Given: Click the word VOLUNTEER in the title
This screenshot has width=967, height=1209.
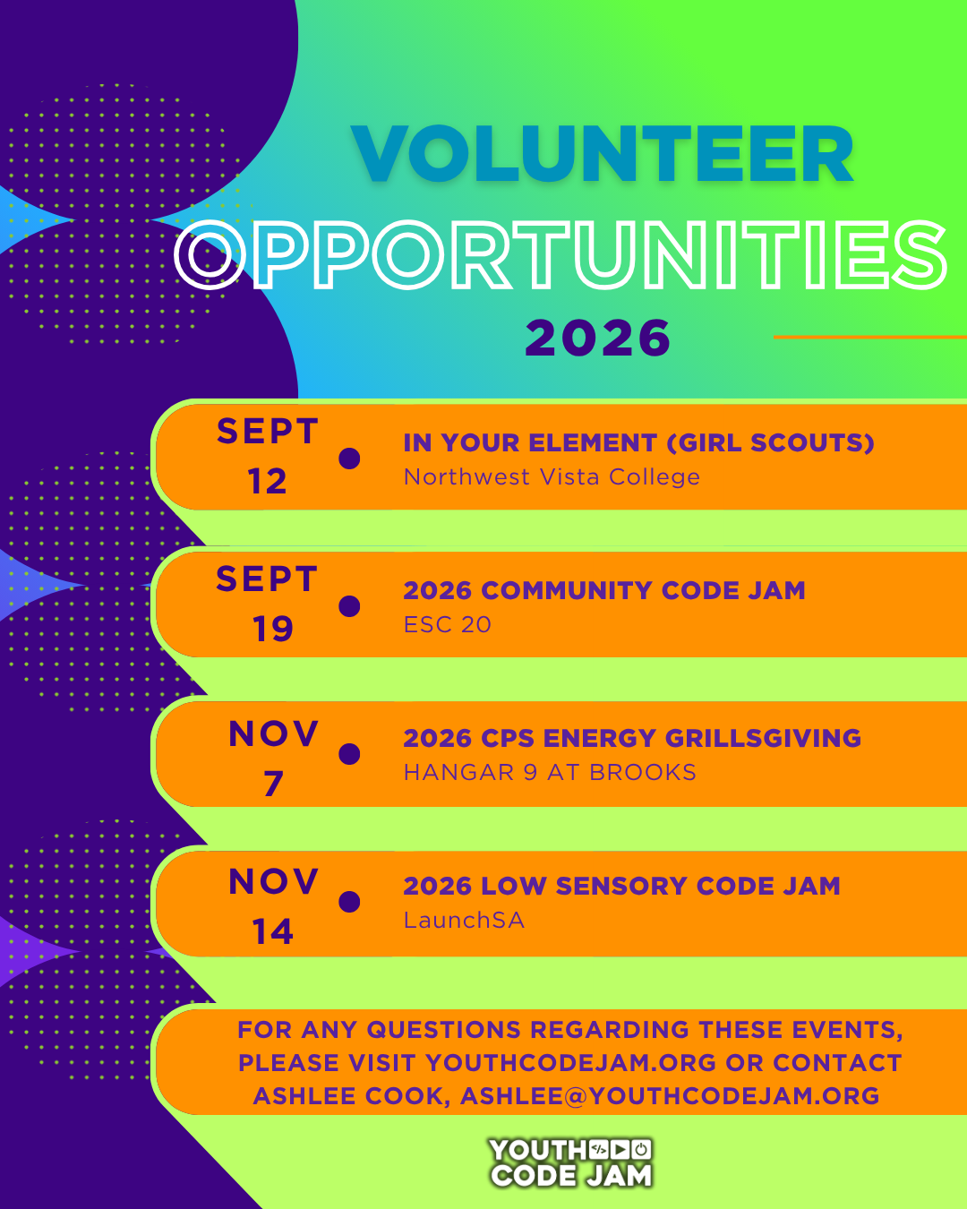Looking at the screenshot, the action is click(x=603, y=154).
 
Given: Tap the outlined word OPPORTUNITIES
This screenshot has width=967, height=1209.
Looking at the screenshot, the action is click(x=561, y=255).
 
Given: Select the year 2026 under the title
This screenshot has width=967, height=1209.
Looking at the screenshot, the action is click(x=597, y=339).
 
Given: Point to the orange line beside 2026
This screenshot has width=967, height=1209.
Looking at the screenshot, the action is click(x=869, y=337).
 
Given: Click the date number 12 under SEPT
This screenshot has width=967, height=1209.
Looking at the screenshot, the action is click(x=267, y=482).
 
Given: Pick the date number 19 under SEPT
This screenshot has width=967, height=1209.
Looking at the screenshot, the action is click(x=272, y=629).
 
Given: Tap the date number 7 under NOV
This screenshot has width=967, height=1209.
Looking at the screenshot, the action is click(x=273, y=784).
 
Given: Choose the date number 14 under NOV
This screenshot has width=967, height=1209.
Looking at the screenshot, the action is click(x=272, y=931).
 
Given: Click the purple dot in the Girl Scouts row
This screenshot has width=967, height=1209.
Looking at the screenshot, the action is click(x=349, y=459).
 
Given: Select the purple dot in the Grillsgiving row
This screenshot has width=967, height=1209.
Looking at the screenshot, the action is click(x=349, y=754).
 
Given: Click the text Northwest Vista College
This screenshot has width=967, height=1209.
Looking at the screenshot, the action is click(x=552, y=477).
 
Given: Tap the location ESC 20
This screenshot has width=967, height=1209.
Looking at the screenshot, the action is click(x=448, y=625).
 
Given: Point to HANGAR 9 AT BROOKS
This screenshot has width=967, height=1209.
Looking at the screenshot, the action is click(x=550, y=773).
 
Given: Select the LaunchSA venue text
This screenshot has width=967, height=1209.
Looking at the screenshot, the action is click(x=464, y=921).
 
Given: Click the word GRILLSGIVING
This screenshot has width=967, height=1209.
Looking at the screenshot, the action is click(x=763, y=738).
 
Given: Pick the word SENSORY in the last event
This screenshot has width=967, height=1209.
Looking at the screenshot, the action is click(x=621, y=886).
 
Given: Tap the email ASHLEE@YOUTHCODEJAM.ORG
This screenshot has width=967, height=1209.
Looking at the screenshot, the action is click(x=670, y=1096).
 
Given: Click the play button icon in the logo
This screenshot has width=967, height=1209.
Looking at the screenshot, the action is click(x=620, y=1150).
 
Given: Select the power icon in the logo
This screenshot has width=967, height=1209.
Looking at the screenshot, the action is click(x=641, y=1150).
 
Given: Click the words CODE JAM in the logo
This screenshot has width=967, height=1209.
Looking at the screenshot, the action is click(x=571, y=1175).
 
